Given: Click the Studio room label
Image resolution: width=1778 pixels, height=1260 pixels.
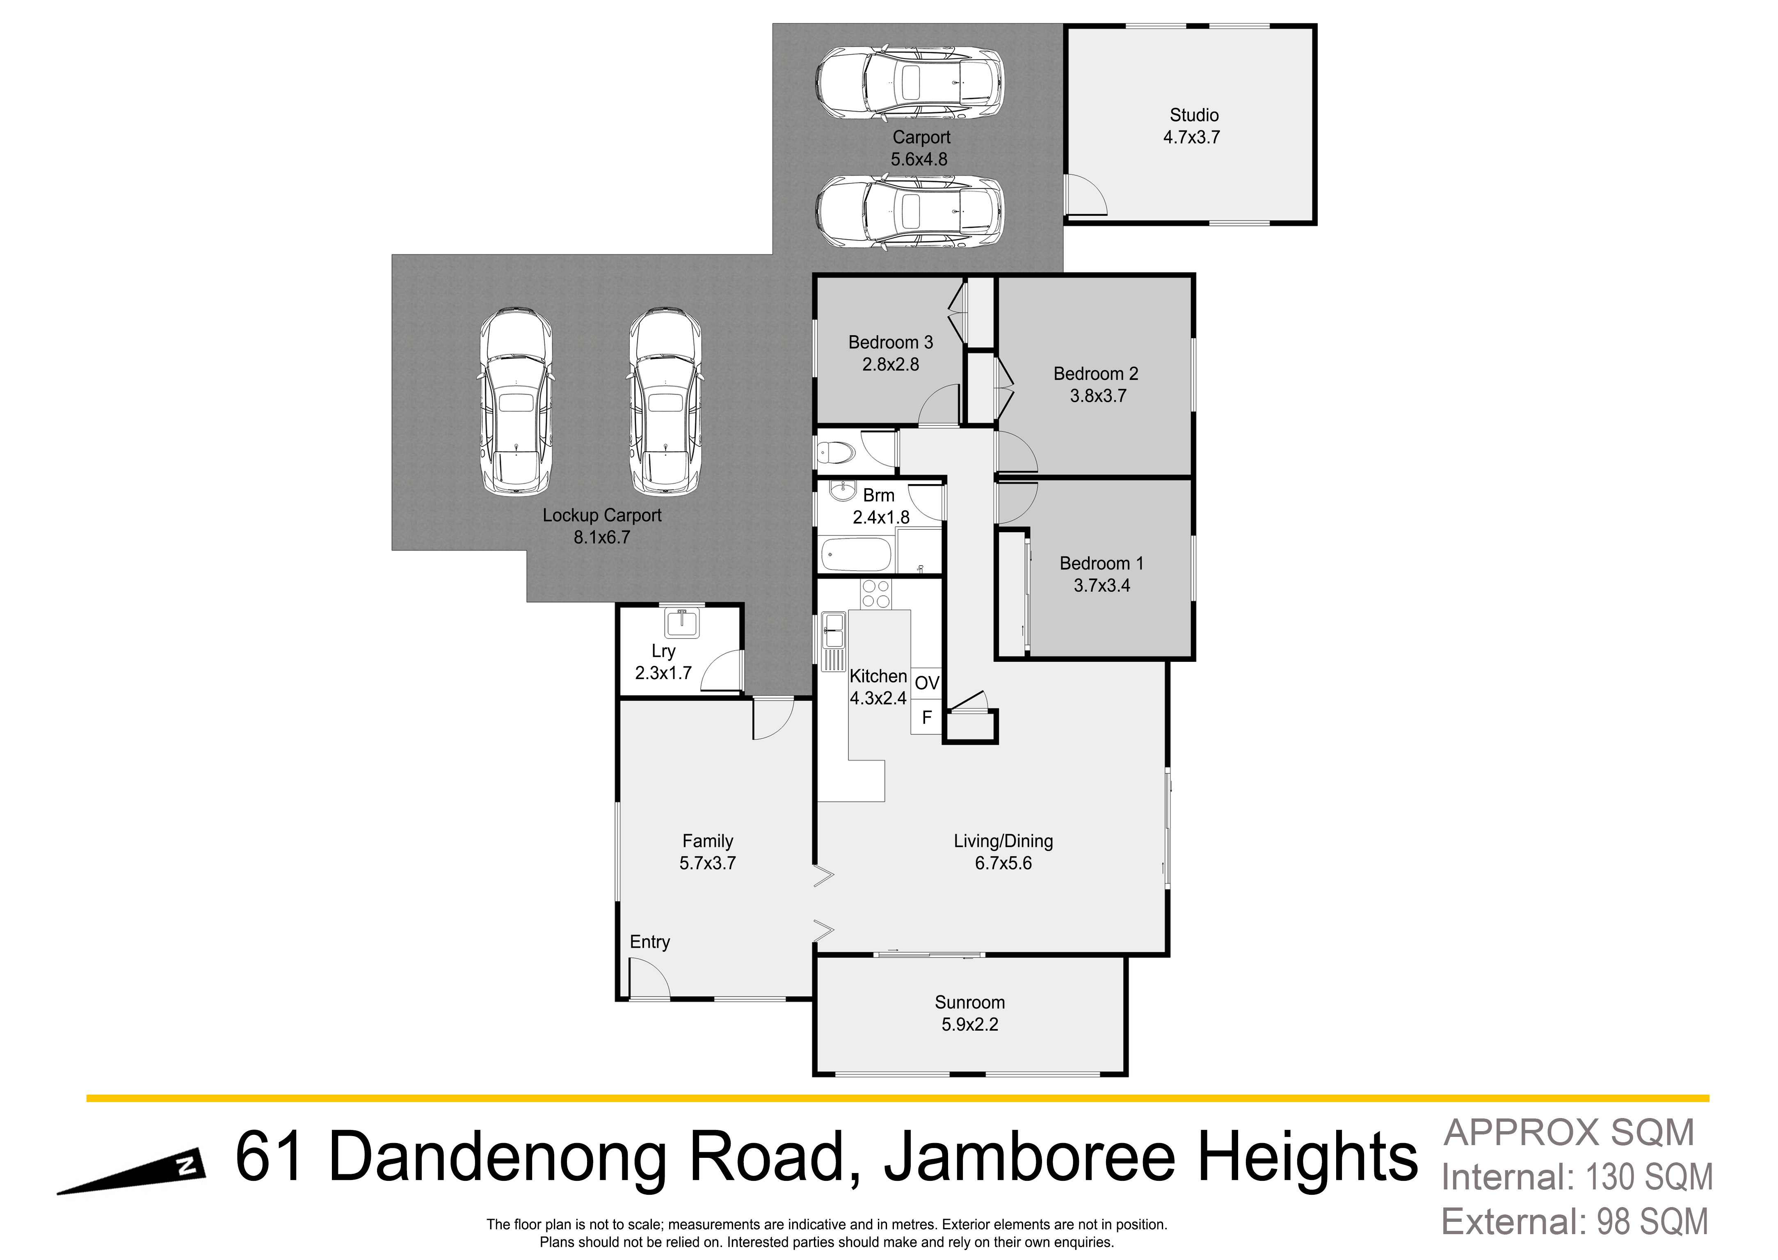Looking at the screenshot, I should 1194,115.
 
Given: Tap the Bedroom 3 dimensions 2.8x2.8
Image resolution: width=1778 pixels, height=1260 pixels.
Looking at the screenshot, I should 891,364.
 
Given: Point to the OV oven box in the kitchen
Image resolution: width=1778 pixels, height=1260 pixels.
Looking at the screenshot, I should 926,683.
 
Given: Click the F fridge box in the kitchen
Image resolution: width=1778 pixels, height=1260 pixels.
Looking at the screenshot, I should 926,718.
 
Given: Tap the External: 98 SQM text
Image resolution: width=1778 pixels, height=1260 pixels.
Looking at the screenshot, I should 1575,1222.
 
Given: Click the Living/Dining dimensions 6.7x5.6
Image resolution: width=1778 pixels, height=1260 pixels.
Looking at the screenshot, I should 1003,863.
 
